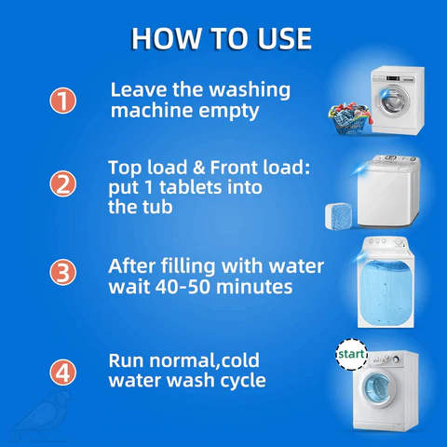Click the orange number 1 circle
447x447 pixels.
(63, 101)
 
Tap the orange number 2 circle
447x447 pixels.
(63, 183)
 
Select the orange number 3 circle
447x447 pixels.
(63, 272)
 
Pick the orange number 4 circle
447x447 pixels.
(63, 372)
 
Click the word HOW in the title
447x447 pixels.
(166, 39)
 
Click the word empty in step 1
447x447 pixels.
(229, 112)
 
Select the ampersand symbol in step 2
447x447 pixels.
(199, 168)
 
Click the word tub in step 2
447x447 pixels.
(157, 207)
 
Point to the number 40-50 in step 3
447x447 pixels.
(183, 287)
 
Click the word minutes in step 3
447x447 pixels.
(254, 287)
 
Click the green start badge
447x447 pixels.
(351, 354)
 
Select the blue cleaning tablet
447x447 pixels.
(338, 216)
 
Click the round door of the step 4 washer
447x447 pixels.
(376, 388)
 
